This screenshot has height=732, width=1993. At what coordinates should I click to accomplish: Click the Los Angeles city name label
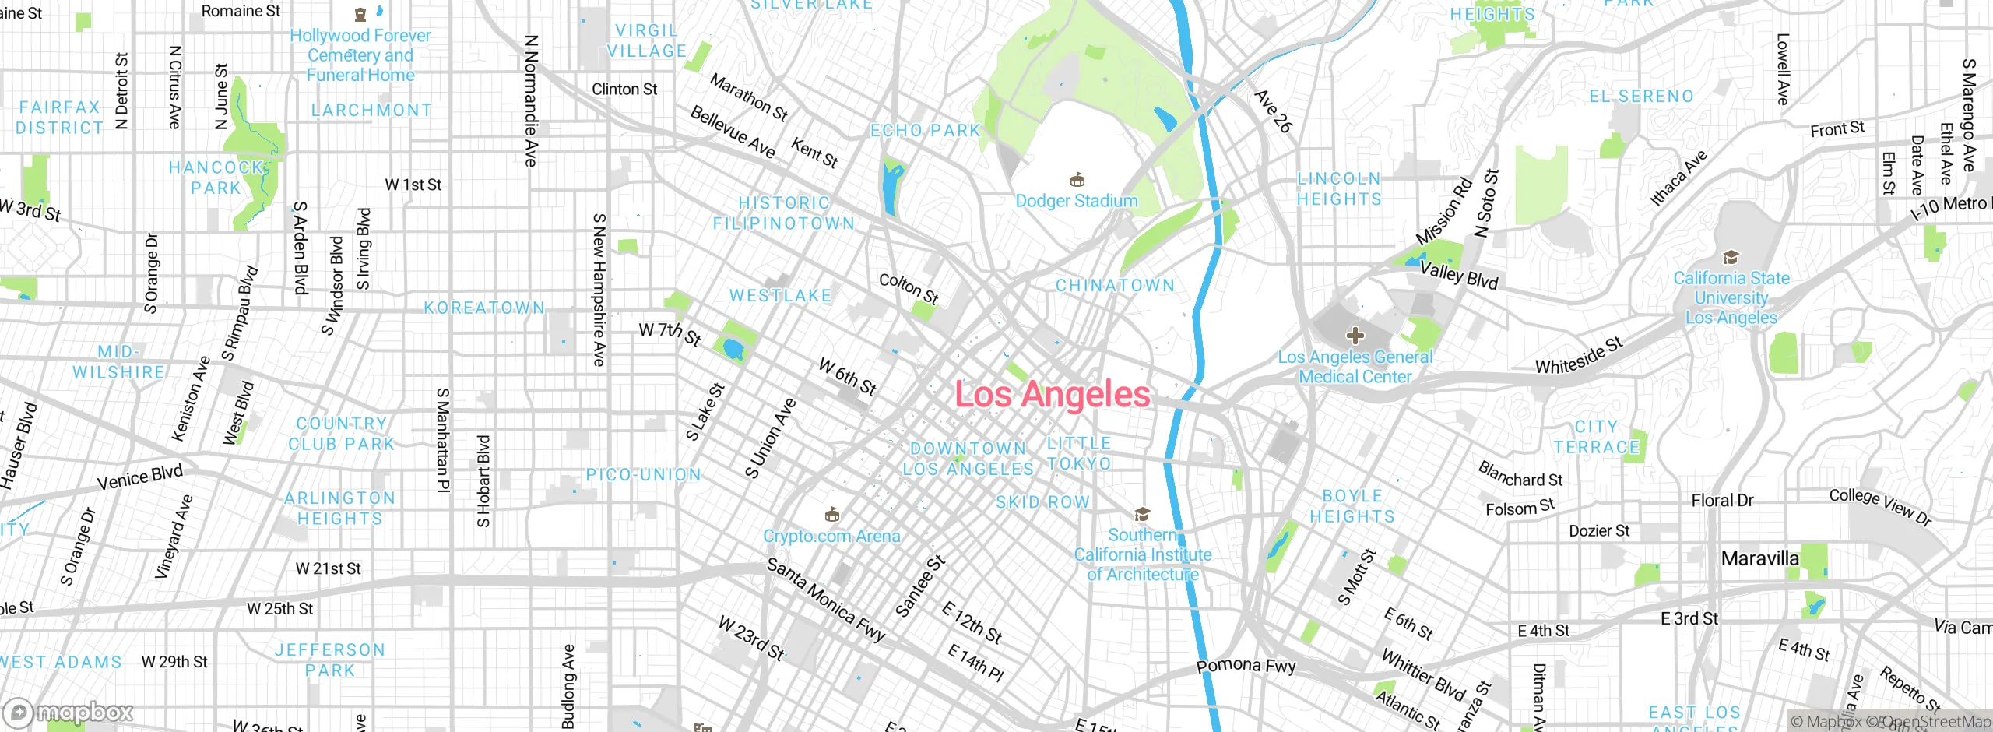1052,394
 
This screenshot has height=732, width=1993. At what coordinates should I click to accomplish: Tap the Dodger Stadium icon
1077,180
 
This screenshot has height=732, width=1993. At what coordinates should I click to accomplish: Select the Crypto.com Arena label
831,536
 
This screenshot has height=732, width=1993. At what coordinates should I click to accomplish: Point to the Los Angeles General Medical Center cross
1355,336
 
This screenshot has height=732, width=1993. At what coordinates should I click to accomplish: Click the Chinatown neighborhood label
1115,286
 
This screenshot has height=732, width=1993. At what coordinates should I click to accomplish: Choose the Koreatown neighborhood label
484,308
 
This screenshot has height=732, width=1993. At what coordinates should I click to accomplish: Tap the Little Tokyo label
1079,453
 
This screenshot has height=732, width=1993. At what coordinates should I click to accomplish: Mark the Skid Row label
1042,502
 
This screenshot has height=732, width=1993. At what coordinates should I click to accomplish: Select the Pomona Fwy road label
1246,666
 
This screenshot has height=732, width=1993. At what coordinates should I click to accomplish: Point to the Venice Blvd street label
139,477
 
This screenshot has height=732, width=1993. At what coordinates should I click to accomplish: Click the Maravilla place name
1759,558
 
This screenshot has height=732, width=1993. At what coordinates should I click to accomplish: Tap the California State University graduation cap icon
1731,257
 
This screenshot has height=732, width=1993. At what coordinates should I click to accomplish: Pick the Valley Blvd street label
1459,275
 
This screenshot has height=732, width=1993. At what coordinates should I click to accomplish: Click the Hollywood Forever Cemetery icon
360,14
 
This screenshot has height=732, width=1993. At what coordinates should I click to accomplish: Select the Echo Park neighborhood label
925,131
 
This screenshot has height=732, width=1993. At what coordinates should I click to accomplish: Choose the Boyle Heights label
1352,506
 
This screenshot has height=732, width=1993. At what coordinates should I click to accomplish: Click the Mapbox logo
69,713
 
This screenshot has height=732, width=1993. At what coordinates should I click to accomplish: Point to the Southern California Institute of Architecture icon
1142,514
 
